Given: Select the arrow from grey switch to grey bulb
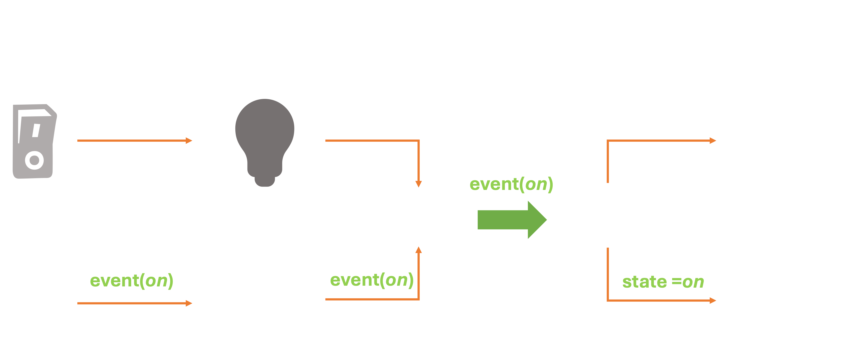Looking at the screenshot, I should pyautogui.click(x=134, y=140).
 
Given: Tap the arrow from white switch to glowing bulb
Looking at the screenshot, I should pyautogui.click(x=134, y=303).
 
